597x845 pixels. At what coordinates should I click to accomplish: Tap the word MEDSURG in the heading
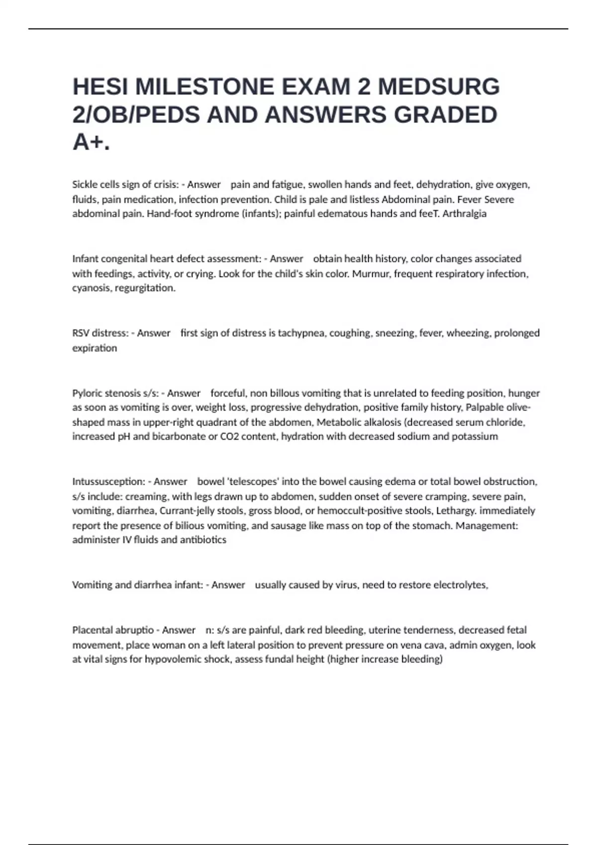tap(439, 87)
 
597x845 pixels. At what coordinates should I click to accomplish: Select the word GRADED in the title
tap(445, 115)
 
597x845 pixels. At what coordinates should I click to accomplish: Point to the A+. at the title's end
tap(91, 143)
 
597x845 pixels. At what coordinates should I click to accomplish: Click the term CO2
tap(229, 436)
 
